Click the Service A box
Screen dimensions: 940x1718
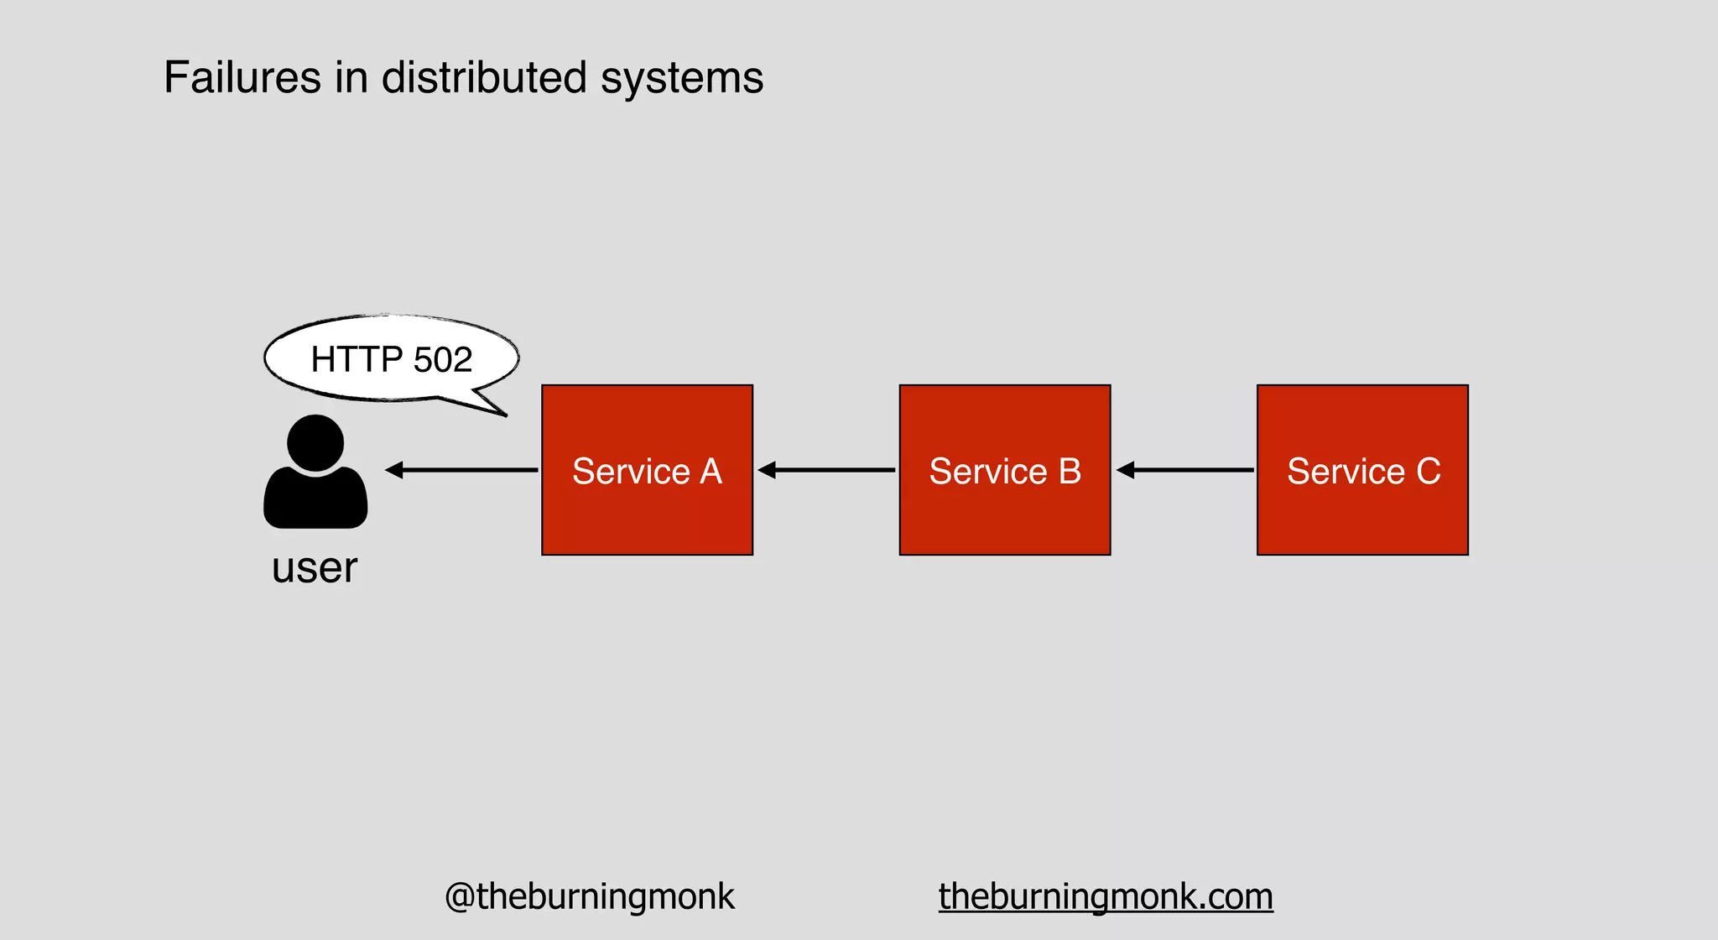click(x=647, y=470)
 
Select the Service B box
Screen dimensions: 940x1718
click(x=1005, y=470)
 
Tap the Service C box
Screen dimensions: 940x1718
click(x=1362, y=470)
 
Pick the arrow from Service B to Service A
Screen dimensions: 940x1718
click(x=826, y=470)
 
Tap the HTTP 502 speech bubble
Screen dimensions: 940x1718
click(x=391, y=359)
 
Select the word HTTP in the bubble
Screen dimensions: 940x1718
click(x=357, y=360)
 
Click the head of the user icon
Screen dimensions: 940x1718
click(x=315, y=442)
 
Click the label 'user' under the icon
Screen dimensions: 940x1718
click(x=315, y=568)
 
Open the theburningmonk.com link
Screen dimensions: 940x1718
click(x=1106, y=896)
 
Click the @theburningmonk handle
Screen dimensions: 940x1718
click(x=589, y=896)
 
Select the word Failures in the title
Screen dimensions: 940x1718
click(x=242, y=78)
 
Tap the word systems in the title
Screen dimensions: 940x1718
click(x=682, y=78)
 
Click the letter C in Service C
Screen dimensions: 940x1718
click(x=1429, y=471)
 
